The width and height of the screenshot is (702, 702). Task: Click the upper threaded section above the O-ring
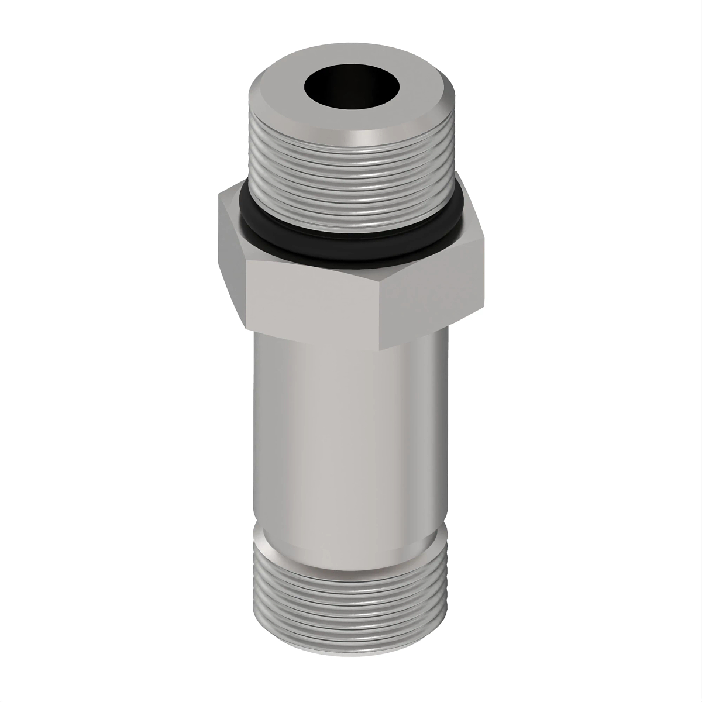[x=351, y=175]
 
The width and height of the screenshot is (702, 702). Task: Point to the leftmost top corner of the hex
[x=219, y=195]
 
